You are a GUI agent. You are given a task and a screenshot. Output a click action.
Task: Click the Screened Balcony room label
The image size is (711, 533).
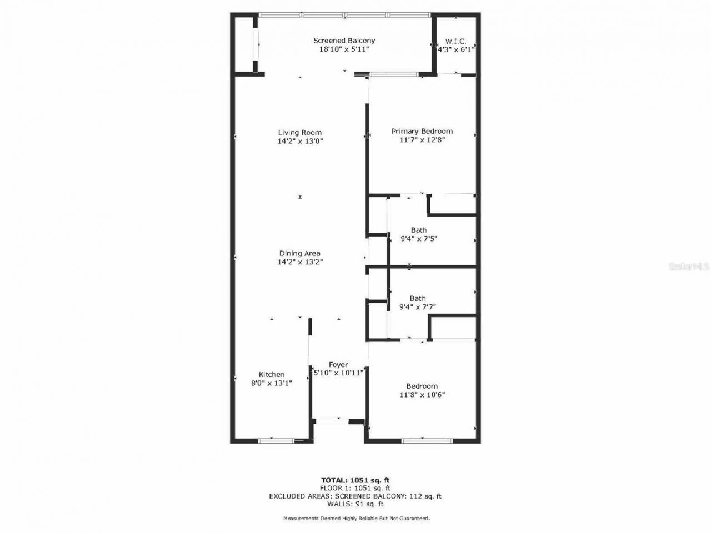(344, 41)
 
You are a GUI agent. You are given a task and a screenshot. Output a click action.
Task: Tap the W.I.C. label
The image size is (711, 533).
(455, 42)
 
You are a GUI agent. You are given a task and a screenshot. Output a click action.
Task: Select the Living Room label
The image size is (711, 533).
(300, 133)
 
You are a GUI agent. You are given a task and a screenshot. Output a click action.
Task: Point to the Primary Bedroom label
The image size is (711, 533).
(422, 132)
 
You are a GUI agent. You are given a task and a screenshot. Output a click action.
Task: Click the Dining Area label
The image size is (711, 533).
(300, 254)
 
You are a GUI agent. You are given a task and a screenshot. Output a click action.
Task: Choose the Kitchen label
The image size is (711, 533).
(272, 375)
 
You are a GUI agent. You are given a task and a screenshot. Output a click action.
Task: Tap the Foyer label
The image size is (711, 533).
(338, 365)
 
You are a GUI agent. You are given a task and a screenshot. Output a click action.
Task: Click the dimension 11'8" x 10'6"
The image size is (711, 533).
(422, 395)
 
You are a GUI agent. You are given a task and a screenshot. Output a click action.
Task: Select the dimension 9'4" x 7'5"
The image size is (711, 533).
(419, 239)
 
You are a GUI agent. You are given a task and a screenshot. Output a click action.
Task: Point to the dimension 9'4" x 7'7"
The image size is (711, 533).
(418, 306)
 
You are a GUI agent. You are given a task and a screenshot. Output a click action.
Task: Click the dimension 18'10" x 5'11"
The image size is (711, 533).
(344, 49)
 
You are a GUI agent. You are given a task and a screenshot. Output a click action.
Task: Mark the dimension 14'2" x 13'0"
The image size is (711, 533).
(300, 141)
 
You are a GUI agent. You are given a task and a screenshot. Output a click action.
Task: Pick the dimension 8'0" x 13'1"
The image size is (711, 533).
(272, 383)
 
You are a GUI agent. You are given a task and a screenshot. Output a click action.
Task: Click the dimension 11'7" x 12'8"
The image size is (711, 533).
(422, 140)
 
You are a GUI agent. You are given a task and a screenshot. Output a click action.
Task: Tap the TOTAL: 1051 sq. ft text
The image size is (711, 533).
(358, 480)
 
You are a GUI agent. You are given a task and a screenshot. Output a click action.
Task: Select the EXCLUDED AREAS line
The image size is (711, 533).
(355, 496)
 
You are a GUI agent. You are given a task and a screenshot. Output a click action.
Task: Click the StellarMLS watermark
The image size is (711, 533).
(689, 267)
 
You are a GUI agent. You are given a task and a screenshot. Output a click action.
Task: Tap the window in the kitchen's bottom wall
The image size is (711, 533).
(276, 441)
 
